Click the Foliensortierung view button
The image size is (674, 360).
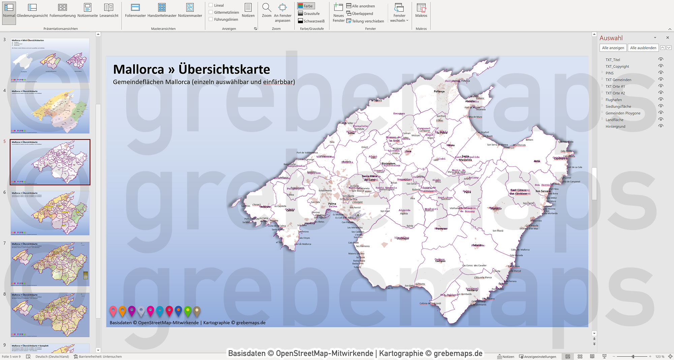coord(62,10)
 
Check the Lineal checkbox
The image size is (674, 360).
coord(211,5)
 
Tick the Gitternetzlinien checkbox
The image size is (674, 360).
coord(211,12)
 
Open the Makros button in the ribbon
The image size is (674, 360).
coord(421,10)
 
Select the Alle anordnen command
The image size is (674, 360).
coord(360,6)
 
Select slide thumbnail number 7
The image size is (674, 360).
coord(50,264)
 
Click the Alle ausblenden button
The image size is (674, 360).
coord(643,48)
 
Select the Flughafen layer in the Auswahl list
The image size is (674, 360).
coord(613,100)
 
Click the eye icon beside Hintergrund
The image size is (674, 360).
coord(661,126)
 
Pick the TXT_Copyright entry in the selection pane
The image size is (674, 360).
coord(617,67)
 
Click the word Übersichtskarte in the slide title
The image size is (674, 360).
coord(224,69)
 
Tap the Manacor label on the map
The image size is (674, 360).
coord(496,209)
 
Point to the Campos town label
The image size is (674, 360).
coord(440,261)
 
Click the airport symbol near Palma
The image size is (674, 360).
coord(358,215)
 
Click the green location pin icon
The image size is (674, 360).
coord(188,311)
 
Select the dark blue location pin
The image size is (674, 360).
coord(178,311)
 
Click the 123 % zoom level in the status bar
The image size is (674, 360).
coord(660,356)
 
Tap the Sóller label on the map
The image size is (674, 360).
coord(351,133)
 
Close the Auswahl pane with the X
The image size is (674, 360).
coord(667,38)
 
